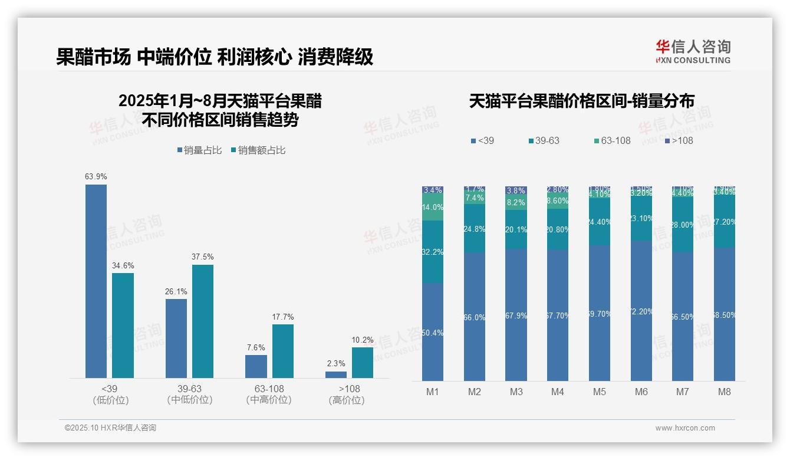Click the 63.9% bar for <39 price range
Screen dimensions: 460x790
[x=96, y=281]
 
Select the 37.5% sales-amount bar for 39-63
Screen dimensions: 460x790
[x=203, y=321]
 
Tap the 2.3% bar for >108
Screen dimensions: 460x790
[x=336, y=374]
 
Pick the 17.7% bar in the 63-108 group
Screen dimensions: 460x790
[x=283, y=351]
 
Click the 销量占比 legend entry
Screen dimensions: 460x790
[x=199, y=150]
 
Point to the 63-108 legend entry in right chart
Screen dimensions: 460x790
[x=613, y=140]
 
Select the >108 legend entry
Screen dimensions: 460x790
[x=679, y=140]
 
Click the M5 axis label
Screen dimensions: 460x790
[x=600, y=392]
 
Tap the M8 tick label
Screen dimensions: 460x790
[x=725, y=392]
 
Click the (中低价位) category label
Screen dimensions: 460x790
[x=190, y=400]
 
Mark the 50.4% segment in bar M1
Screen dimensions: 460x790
[x=433, y=332]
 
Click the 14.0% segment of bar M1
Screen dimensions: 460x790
[x=433, y=208]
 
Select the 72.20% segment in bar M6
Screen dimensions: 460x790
[x=641, y=311]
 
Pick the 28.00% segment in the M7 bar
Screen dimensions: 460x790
[x=683, y=225]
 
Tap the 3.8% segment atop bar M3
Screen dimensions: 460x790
[x=516, y=190]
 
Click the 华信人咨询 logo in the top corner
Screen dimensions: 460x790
[x=693, y=51]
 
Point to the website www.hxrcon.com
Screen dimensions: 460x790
[x=685, y=428]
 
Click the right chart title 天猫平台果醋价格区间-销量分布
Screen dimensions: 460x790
[x=581, y=101]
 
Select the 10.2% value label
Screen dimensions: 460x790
[x=363, y=340]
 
